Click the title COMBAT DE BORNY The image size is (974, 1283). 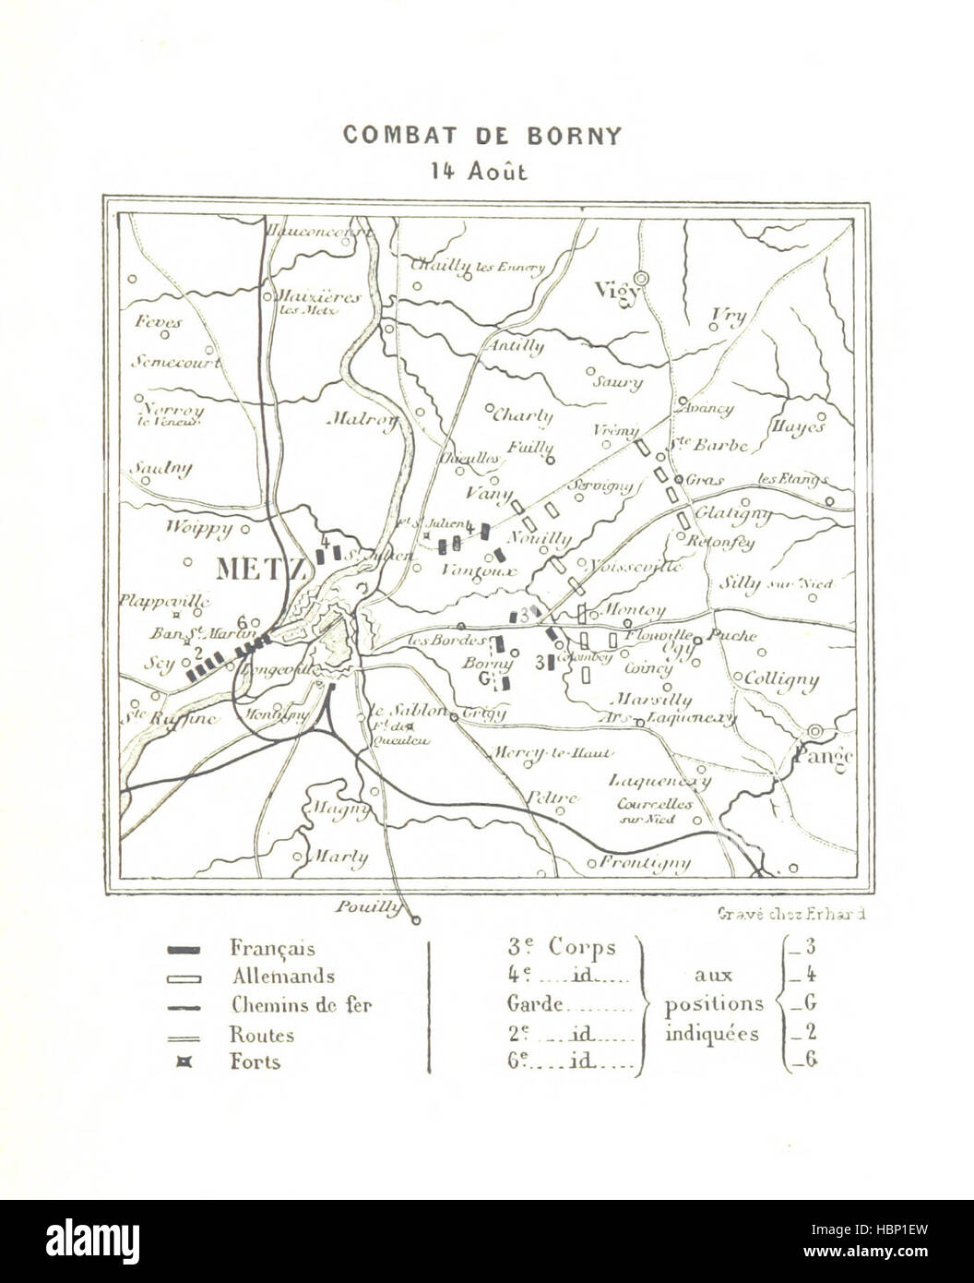tap(482, 135)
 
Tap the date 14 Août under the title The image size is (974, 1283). tap(482, 171)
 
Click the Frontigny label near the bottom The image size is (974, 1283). tap(645, 863)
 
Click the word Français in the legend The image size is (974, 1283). tap(272, 948)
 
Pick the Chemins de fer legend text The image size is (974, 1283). tap(301, 1005)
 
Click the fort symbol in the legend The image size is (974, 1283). tap(185, 1062)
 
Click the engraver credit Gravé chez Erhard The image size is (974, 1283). tap(790, 915)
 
